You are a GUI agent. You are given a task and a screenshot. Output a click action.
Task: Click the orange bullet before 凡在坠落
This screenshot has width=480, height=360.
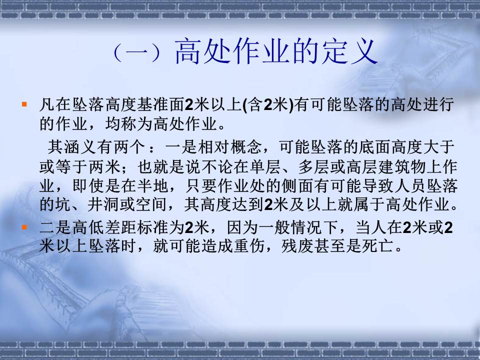[24, 104]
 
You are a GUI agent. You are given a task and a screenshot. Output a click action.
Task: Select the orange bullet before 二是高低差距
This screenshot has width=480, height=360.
[24, 227]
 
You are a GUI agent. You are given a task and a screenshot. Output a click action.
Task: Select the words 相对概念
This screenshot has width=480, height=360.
[229, 147]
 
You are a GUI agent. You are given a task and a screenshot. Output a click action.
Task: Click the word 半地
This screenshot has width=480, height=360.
[152, 185]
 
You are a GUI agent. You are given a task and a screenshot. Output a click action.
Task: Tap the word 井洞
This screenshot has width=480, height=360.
[103, 204]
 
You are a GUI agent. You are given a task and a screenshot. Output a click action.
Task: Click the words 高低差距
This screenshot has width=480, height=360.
[104, 227]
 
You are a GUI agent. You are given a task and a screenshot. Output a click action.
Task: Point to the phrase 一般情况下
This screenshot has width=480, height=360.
[298, 227]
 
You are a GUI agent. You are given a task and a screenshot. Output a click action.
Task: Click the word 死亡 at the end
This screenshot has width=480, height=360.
[377, 246]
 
